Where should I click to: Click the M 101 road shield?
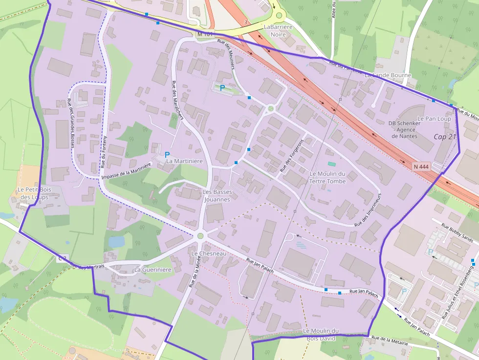tap(205, 34)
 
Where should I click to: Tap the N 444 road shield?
tap(421, 166)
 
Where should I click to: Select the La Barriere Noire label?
tap(278, 30)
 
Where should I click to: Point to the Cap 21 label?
tap(445, 136)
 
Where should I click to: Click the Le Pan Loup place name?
tap(434, 119)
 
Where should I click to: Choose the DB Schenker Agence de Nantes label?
tap(404, 129)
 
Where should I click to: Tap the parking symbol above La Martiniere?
tap(167, 154)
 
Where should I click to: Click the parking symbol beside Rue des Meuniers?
tap(222, 88)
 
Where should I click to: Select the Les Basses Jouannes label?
tap(217, 195)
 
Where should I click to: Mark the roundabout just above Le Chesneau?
tap(200, 236)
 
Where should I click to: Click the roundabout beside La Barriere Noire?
tap(279, 15)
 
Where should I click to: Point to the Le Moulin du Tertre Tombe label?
tap(327, 177)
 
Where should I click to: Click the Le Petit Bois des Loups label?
tap(34, 193)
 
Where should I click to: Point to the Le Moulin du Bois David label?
tap(321, 334)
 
